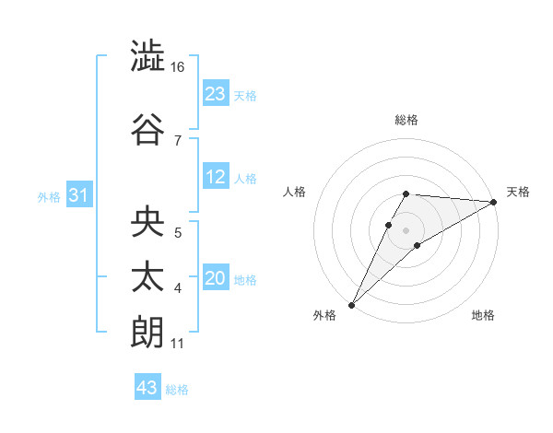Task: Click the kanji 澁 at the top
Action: (147, 57)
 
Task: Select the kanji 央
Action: (147, 222)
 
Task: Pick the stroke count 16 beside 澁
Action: (178, 68)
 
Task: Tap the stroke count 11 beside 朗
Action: (177, 345)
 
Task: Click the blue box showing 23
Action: (216, 94)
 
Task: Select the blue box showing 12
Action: (216, 178)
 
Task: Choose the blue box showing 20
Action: (216, 279)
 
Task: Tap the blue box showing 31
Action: (79, 195)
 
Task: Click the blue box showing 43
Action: (147, 388)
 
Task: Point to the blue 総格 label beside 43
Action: (178, 390)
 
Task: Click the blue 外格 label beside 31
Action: (49, 197)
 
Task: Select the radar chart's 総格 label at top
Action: (406, 120)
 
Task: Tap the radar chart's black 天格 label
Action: (518, 192)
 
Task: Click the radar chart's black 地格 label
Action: (483, 316)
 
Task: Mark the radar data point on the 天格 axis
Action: (493, 203)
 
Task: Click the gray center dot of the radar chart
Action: (406, 228)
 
